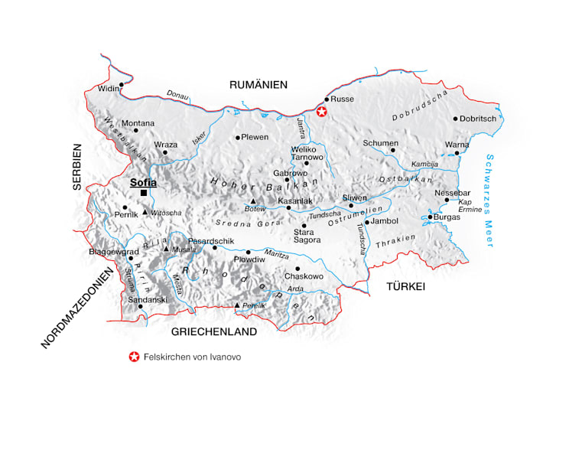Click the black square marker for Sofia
[x=143, y=193]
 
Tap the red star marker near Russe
[x=322, y=112]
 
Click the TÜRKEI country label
[x=405, y=286]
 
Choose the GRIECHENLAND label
[x=213, y=331]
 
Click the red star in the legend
[x=135, y=357]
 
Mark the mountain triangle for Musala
[x=165, y=248]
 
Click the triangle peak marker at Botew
[x=252, y=201]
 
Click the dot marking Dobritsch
[x=455, y=119]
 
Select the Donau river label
[x=177, y=95]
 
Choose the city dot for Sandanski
[x=140, y=307]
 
